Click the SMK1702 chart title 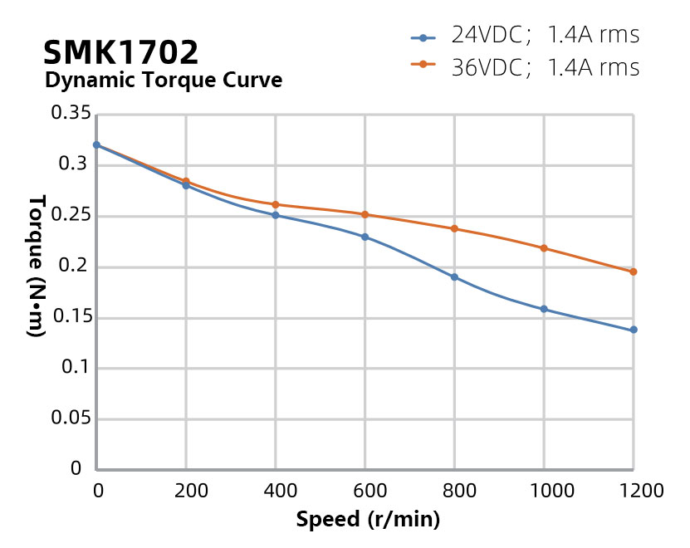[121, 52]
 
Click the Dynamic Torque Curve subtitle [163, 81]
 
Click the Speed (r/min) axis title [368, 521]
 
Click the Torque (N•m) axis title [36, 266]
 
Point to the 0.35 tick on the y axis [71, 114]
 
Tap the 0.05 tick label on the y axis [71, 418]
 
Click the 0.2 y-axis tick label [76, 267]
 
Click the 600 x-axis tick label [365, 491]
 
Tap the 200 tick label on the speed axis [186, 491]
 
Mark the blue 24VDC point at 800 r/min [454, 276]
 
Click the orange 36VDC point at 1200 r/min [634, 272]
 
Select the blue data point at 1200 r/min [634, 330]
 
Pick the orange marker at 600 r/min [365, 214]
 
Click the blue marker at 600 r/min [365, 237]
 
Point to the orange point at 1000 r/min [544, 248]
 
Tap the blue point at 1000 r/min [544, 309]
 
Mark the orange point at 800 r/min [454, 228]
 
